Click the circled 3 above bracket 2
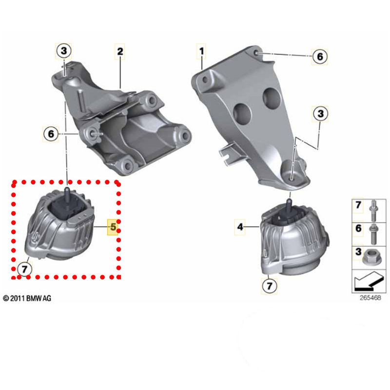click(64, 50)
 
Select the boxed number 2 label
click(120, 50)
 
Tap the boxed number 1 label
click(201, 50)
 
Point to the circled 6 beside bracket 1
click(320, 57)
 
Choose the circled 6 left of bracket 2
click(51, 133)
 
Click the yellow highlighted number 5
click(113, 227)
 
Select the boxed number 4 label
click(240, 226)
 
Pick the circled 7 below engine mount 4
click(269, 284)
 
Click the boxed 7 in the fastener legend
click(358, 206)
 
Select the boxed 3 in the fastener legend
click(358, 253)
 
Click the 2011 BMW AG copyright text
click(27, 297)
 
